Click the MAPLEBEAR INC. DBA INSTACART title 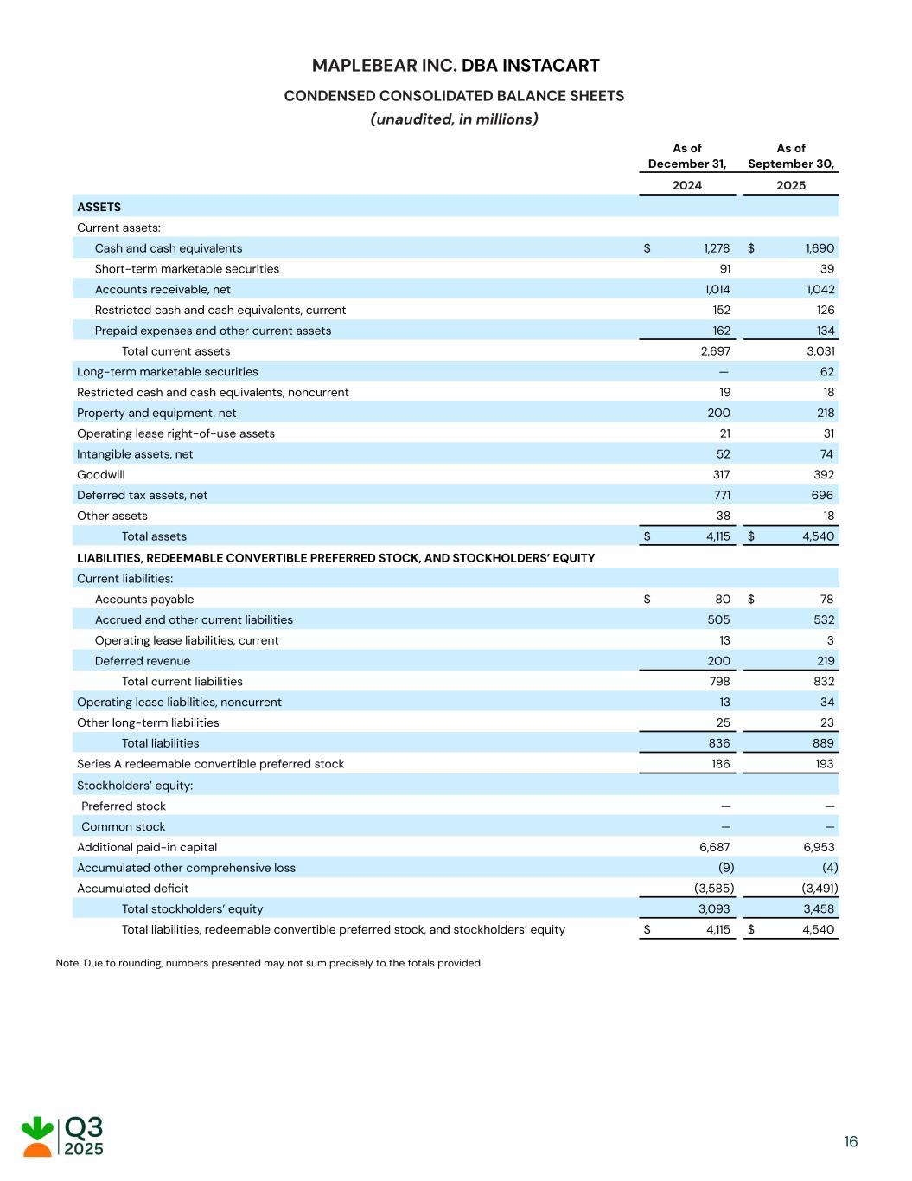point(455,66)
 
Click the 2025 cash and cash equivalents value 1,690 point(820,248)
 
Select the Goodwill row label point(101,475)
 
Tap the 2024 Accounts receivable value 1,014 point(716,290)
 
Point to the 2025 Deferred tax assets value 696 point(822,496)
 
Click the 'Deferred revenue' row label point(143,661)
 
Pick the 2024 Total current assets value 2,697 point(715,351)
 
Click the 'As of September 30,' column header point(791,156)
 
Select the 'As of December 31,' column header point(687,156)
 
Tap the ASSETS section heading point(99,207)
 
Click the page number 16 point(851,1142)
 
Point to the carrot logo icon point(37,1137)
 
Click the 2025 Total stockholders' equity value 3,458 point(819,909)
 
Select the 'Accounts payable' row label point(144,600)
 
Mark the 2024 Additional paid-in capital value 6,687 point(715,848)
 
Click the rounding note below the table point(269,963)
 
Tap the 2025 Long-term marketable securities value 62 point(827,372)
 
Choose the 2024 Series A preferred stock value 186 point(720,764)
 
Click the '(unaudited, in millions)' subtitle point(455,119)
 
